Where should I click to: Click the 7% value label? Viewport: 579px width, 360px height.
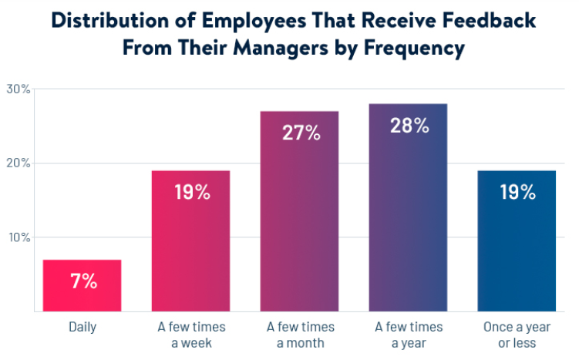pos(83,281)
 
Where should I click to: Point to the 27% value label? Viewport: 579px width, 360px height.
pos(301,133)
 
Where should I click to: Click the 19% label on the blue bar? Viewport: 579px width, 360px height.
pos(517,192)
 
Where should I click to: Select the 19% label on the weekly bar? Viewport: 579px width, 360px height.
pos(191,192)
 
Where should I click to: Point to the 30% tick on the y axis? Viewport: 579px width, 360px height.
pos(19,89)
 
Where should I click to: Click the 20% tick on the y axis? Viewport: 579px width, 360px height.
pos(19,163)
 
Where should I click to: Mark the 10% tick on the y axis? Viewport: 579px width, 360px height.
pos(19,237)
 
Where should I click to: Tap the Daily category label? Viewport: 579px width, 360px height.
pos(82,328)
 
